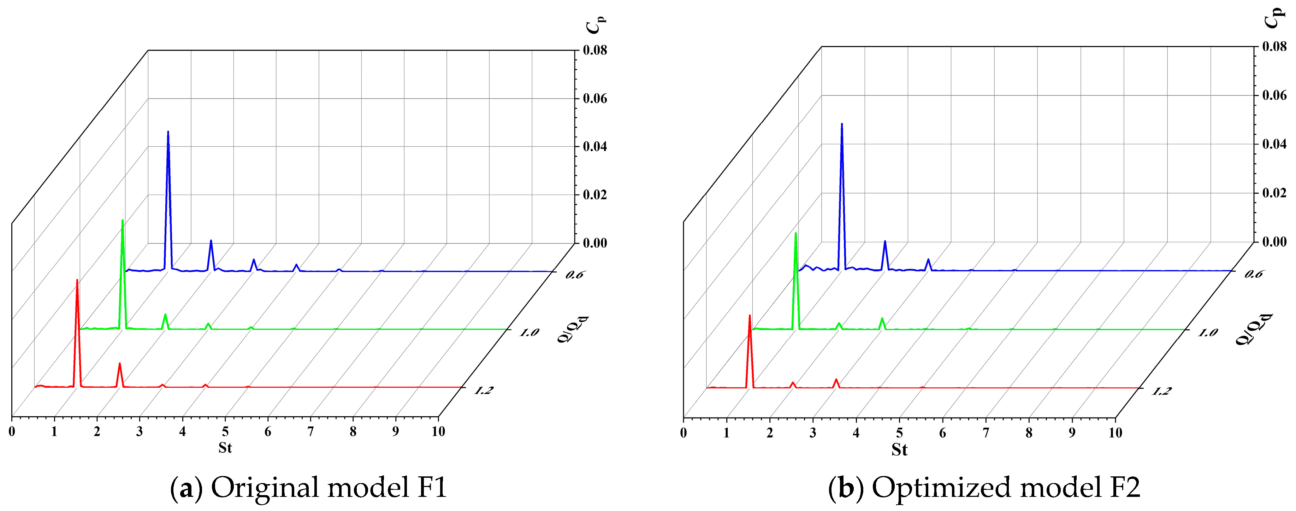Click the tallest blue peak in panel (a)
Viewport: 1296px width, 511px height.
[168, 132]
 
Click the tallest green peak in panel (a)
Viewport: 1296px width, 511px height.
[122, 221]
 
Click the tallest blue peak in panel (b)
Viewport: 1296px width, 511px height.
[842, 124]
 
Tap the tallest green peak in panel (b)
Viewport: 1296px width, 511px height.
[796, 233]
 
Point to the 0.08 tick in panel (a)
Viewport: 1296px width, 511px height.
[595, 50]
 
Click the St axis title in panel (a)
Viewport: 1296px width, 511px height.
[225, 447]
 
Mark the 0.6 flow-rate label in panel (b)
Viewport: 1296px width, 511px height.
[1253, 274]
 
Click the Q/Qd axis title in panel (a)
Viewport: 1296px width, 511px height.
[573, 329]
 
